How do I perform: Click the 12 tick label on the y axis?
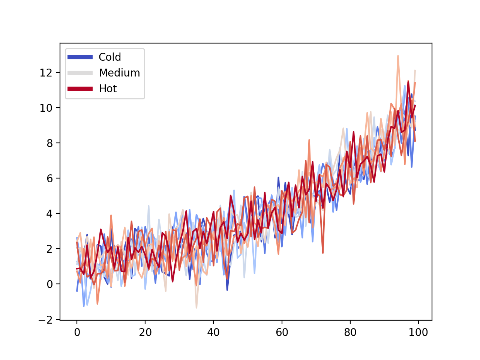46,73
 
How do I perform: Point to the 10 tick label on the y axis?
46,108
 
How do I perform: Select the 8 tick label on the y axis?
49,143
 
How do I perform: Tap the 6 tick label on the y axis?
49,178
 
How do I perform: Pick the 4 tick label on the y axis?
49,214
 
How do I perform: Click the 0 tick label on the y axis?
49,284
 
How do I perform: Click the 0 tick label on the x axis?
77,332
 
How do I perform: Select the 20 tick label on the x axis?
145,332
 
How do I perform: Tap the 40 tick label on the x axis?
213,332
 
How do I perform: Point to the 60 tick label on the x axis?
282,332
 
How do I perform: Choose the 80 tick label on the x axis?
350,332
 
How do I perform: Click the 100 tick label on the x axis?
418,332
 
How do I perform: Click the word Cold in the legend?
109,57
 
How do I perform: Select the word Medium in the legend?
119,73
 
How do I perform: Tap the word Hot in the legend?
108,88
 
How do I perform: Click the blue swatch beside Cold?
80,57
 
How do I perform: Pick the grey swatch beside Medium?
80,73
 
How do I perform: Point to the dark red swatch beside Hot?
80,88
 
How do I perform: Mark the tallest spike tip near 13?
398,56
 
